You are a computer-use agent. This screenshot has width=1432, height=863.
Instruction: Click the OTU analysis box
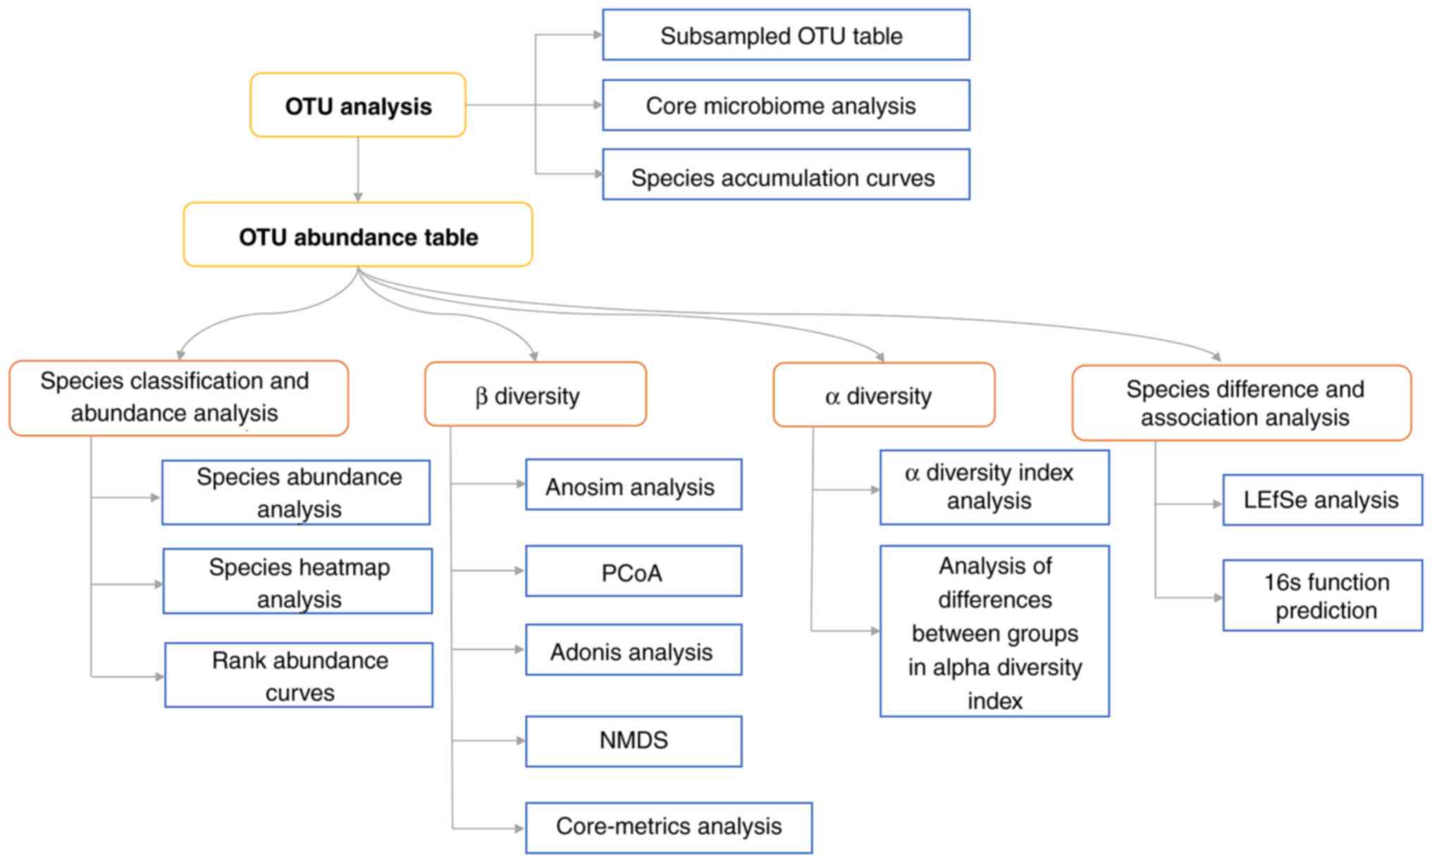(358, 106)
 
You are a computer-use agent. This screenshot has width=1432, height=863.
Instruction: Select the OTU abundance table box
(358, 235)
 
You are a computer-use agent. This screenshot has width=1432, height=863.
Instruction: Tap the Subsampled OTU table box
(786, 35)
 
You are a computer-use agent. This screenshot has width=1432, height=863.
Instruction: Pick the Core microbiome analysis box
(786, 106)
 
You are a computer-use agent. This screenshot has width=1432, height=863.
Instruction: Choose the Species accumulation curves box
(786, 175)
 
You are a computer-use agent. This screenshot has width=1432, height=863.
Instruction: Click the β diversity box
(536, 395)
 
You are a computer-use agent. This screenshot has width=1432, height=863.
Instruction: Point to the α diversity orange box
(884, 395)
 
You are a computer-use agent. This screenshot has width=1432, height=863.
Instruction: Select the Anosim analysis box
(634, 485)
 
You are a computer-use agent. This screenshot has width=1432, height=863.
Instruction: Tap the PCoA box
(634, 571)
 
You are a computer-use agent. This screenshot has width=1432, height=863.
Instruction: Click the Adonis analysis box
(634, 650)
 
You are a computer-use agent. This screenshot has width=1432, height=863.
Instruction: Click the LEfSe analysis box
(1322, 500)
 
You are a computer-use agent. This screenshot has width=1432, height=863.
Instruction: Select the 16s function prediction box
(1322, 596)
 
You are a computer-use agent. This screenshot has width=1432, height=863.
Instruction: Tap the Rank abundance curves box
(299, 675)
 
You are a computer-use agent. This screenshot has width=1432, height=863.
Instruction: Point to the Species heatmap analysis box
(297, 582)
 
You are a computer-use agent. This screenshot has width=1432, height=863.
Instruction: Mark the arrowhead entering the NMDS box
(521, 741)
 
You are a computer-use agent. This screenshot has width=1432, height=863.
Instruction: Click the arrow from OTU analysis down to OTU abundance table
(358, 169)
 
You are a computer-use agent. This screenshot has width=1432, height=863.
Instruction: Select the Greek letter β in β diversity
(481, 397)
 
